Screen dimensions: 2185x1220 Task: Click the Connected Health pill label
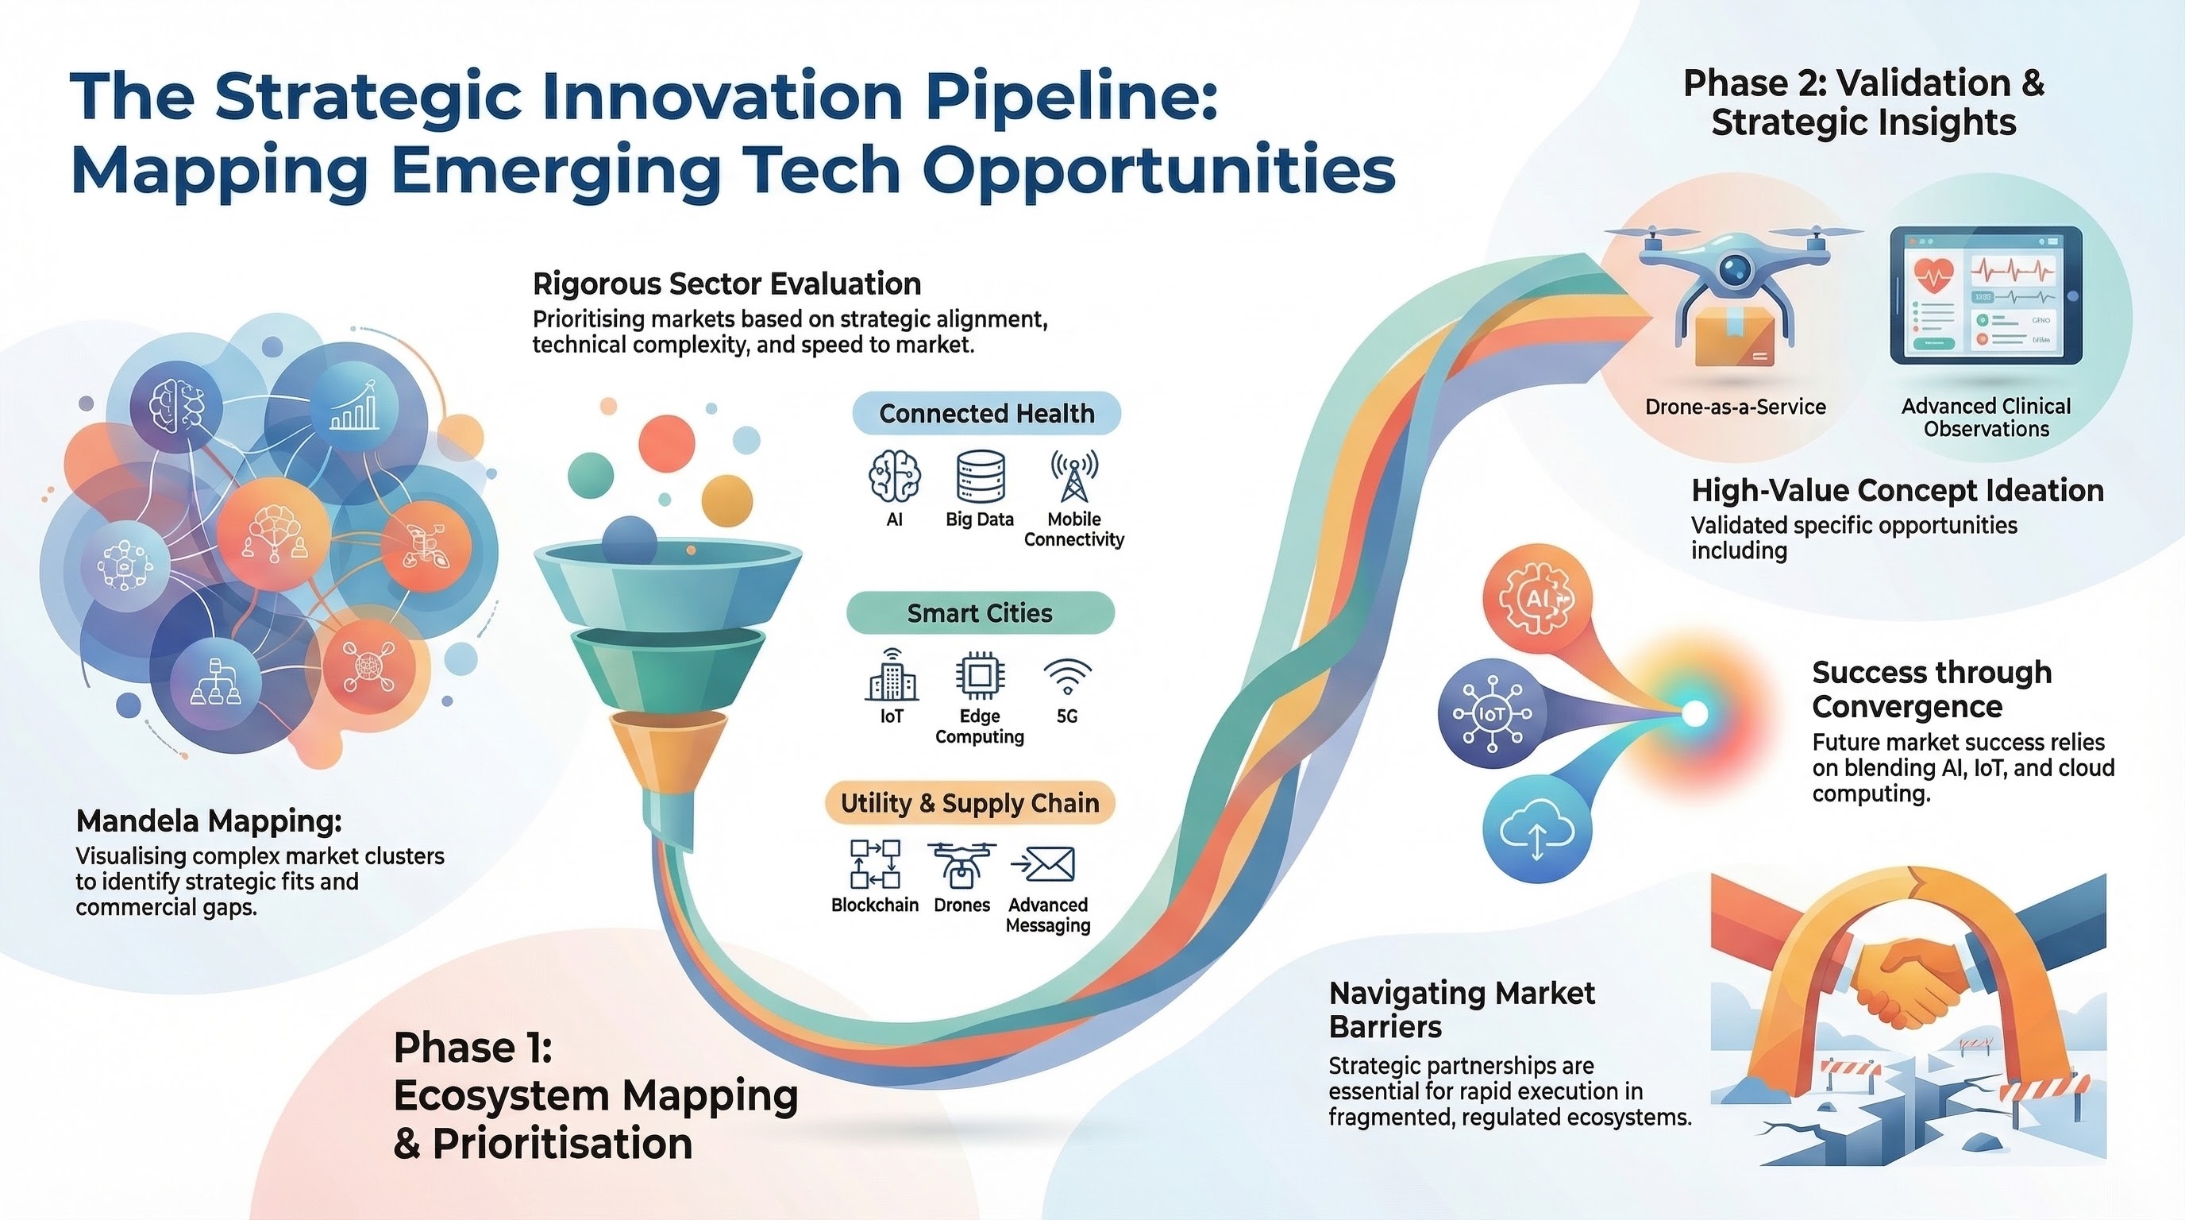tap(986, 413)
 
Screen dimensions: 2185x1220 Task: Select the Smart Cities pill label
tap(980, 612)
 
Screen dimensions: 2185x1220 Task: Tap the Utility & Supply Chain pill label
tap(969, 802)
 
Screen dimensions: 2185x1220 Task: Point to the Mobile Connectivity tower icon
tap(1073, 476)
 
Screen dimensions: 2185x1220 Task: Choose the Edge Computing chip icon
tap(980, 676)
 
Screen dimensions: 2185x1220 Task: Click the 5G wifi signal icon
tap(1067, 677)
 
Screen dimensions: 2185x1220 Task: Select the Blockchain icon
tap(874, 864)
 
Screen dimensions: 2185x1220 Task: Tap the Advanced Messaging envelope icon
tap(1043, 864)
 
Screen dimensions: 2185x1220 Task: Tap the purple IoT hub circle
tap(1492, 713)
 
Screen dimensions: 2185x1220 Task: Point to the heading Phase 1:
tap(473, 1047)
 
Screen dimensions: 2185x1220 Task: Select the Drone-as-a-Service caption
tap(1736, 407)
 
